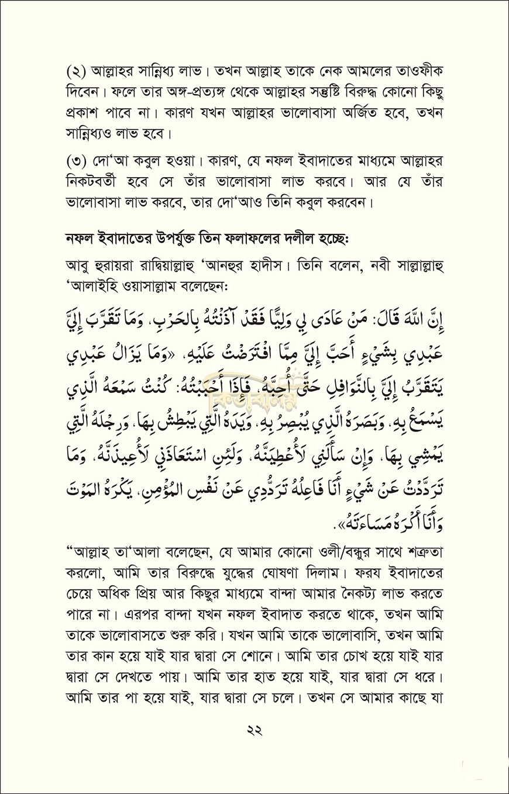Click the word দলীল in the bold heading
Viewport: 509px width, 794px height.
(x=320, y=241)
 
